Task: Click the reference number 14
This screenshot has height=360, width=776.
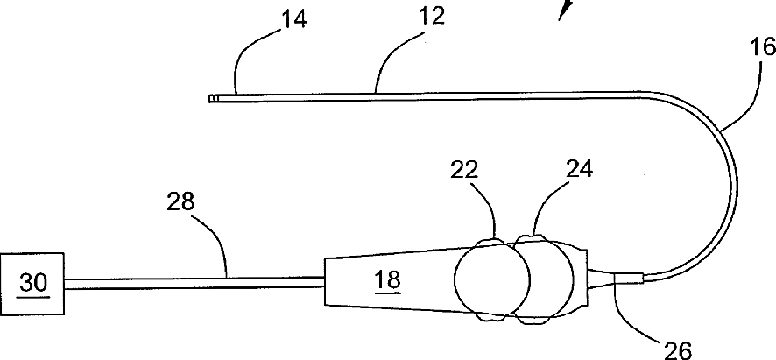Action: point(293,20)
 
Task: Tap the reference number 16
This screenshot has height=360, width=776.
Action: point(762,47)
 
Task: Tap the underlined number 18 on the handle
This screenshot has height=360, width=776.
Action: point(387,279)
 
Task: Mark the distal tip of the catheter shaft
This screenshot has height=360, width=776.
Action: point(213,99)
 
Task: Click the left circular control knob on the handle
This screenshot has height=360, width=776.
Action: point(492,281)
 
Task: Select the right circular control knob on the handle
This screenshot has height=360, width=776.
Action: point(543,281)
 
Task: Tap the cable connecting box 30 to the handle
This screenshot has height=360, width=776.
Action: point(193,281)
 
